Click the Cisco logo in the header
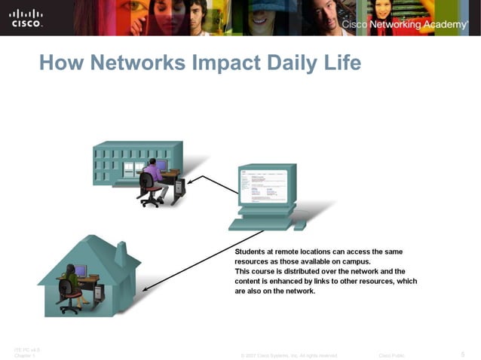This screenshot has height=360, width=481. coord(26,18)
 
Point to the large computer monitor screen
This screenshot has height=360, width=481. coord(263,185)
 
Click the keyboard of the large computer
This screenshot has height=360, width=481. coord(259,223)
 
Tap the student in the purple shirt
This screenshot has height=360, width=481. coord(153,175)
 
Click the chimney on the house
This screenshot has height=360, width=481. coord(120,255)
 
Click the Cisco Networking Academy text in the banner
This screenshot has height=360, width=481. coord(404,25)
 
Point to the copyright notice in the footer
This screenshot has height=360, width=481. coord(289,354)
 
